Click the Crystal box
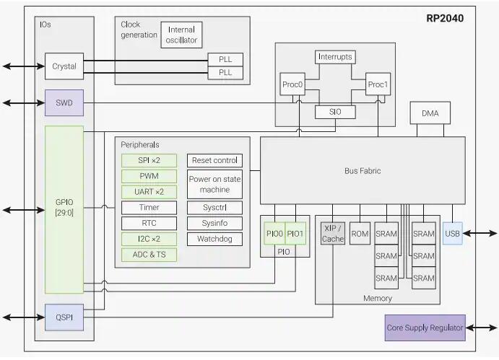pos(64,66)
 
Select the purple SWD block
pos(64,103)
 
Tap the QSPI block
pos(64,317)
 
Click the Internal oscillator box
pos(181,35)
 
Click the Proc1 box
pos(378,84)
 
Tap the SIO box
pos(335,112)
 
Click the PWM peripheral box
pos(149,176)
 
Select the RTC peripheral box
pos(149,223)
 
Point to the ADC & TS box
pos(149,255)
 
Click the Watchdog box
pos(214,239)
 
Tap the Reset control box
pos(214,160)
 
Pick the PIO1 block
pos(296,234)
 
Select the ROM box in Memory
pos(360,234)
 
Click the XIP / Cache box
pos(333,234)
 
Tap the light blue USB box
pos(452,234)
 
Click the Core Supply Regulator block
pos(425,328)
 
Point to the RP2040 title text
pos(445,18)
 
